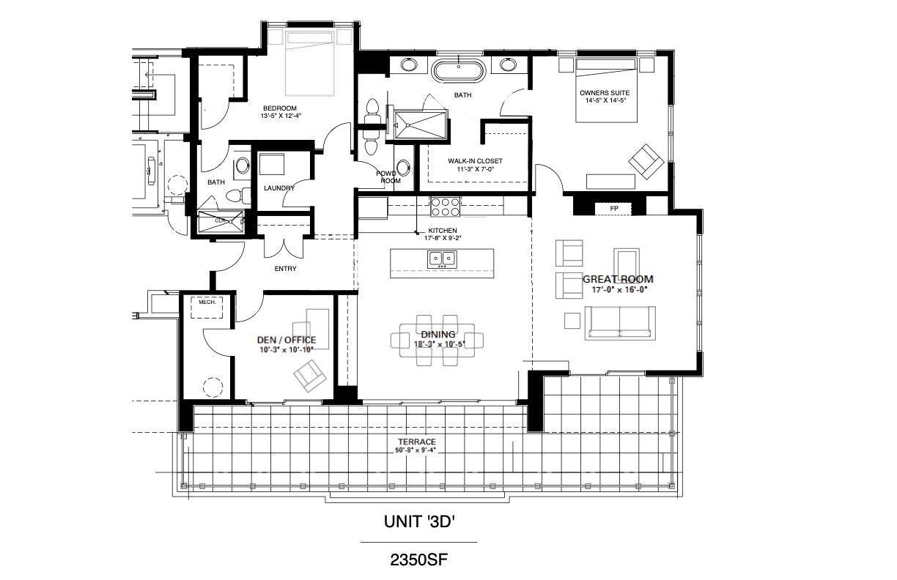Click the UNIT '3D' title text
point(420,521)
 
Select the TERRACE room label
point(416,442)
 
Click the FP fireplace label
point(614,209)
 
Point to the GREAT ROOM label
point(617,279)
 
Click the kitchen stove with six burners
point(444,206)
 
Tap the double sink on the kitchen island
point(441,259)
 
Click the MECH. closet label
point(206,301)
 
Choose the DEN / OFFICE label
point(286,340)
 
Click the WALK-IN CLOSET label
point(475,161)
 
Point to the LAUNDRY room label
point(279,188)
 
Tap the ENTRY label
point(285,269)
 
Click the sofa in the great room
point(619,322)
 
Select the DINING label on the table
point(438,335)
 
